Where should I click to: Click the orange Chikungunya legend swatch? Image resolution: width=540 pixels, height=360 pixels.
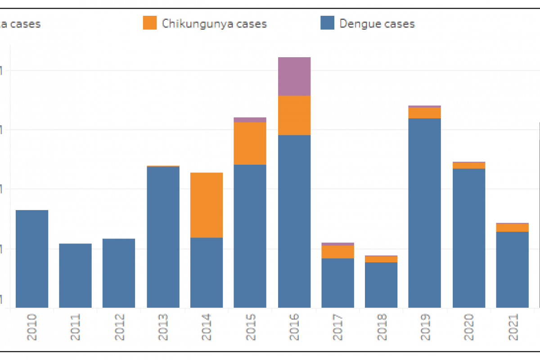click(150, 22)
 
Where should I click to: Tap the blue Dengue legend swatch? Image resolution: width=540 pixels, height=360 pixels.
click(327, 22)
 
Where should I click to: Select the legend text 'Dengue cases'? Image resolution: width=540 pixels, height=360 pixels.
click(377, 23)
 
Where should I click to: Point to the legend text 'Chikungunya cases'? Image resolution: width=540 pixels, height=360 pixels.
click(214, 23)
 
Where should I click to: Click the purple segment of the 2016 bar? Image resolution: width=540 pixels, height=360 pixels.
click(294, 76)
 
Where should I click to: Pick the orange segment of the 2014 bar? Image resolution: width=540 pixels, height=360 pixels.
click(207, 205)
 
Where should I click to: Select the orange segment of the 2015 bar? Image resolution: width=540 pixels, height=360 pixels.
click(250, 143)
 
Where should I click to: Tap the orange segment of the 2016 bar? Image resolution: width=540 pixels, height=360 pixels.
click(294, 115)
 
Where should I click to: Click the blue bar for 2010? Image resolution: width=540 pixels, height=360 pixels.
click(32, 259)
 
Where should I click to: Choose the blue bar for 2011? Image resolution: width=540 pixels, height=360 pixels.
click(75, 275)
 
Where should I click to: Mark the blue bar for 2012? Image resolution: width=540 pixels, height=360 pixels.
click(119, 273)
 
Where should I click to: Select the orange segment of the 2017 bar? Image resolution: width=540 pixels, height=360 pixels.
click(337, 252)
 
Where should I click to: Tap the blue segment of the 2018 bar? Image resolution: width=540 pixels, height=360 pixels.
click(381, 285)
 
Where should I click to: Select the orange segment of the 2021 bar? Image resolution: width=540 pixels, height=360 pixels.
click(512, 228)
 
